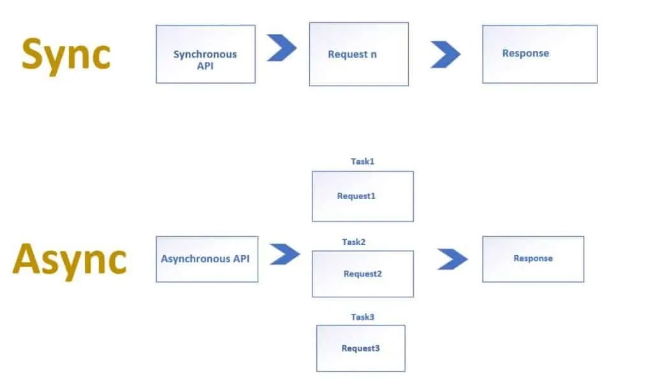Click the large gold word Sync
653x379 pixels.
click(x=66, y=54)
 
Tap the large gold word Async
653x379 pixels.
click(x=70, y=259)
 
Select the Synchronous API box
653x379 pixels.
click(x=205, y=54)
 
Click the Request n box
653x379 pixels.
click(x=358, y=54)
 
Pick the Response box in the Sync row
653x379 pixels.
click(x=539, y=54)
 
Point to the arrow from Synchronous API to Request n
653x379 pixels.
click(x=281, y=48)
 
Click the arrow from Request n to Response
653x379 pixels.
click(x=445, y=54)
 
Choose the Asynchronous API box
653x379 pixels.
click(x=207, y=259)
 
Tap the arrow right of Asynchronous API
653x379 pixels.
click(x=284, y=255)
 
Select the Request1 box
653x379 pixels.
click(x=362, y=196)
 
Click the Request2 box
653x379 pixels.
click(x=362, y=274)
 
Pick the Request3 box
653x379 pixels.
click(x=360, y=348)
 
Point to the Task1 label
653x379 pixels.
click(x=362, y=161)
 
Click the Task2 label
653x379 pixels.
click(x=353, y=242)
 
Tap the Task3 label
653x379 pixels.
click(x=362, y=317)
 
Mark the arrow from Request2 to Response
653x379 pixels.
click(x=452, y=259)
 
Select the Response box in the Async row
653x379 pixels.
click(x=532, y=259)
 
